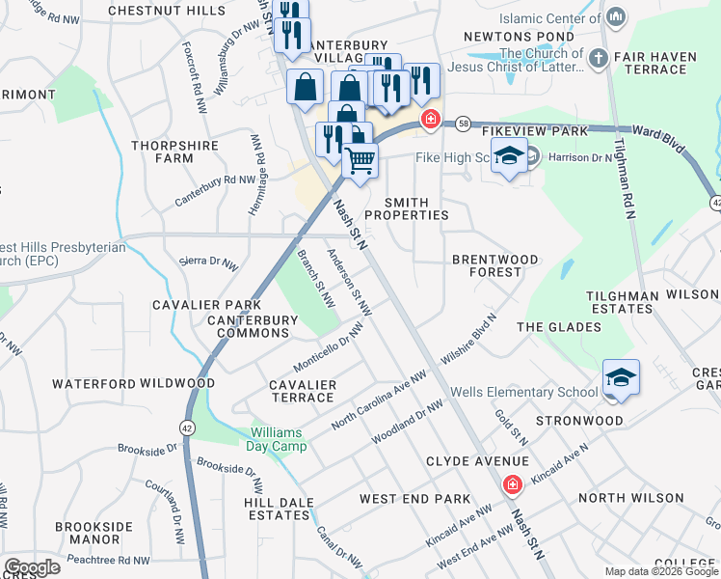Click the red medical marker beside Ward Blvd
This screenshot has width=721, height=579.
(430, 121)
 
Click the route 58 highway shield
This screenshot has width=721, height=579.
(464, 124)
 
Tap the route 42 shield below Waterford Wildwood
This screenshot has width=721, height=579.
(186, 426)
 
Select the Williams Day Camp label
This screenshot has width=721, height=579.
(278, 439)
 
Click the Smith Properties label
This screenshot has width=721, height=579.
(416, 208)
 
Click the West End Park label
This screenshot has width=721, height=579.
(414, 499)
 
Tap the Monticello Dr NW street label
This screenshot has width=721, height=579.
(329, 346)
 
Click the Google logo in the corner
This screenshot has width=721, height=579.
(32, 567)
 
